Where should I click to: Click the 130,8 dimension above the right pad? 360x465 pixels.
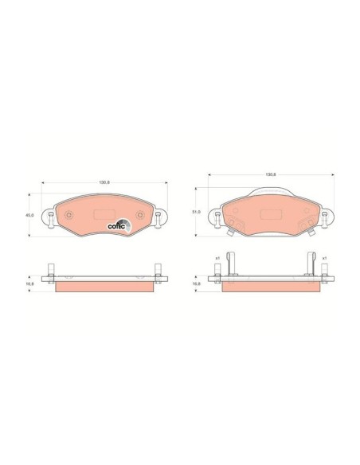pyautogui.click(x=270, y=174)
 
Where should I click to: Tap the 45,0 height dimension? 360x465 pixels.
pyautogui.click(x=29, y=214)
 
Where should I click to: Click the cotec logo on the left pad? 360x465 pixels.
pyautogui.click(x=119, y=225)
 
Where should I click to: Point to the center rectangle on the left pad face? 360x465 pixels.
pyautogui.click(x=104, y=213)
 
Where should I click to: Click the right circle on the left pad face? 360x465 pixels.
pyautogui.click(x=139, y=214)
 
